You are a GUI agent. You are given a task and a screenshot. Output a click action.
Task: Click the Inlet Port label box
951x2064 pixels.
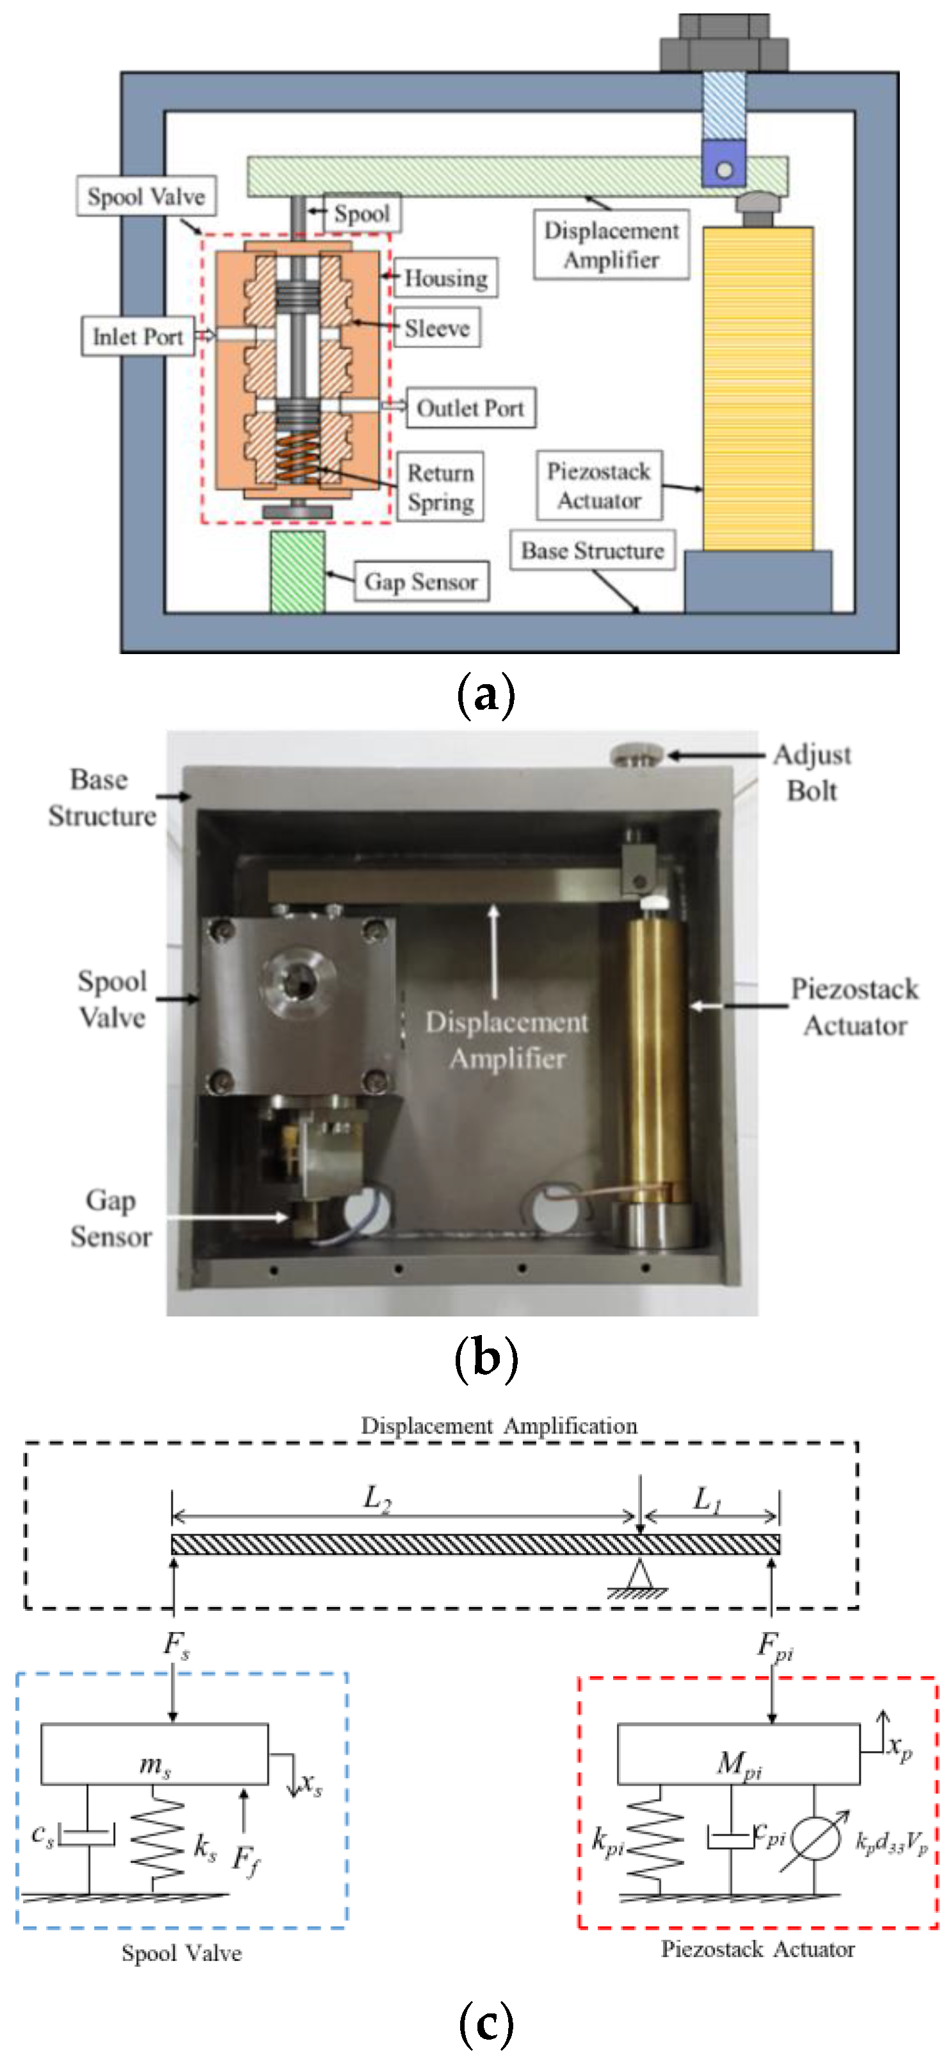tap(137, 336)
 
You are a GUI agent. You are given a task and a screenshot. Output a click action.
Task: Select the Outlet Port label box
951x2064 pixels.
tap(470, 408)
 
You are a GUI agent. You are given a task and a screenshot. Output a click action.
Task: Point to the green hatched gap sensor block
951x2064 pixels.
tap(297, 572)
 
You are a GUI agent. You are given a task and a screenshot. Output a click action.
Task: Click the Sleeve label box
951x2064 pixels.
tap(436, 328)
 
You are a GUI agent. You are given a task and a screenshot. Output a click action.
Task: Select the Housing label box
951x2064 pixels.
tap(445, 278)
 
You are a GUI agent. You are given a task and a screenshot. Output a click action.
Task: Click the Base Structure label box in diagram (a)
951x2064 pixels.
tap(592, 550)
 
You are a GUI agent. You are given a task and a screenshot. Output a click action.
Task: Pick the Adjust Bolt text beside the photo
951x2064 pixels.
tap(811, 772)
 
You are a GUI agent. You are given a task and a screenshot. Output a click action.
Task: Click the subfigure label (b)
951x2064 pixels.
tap(486, 1359)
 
